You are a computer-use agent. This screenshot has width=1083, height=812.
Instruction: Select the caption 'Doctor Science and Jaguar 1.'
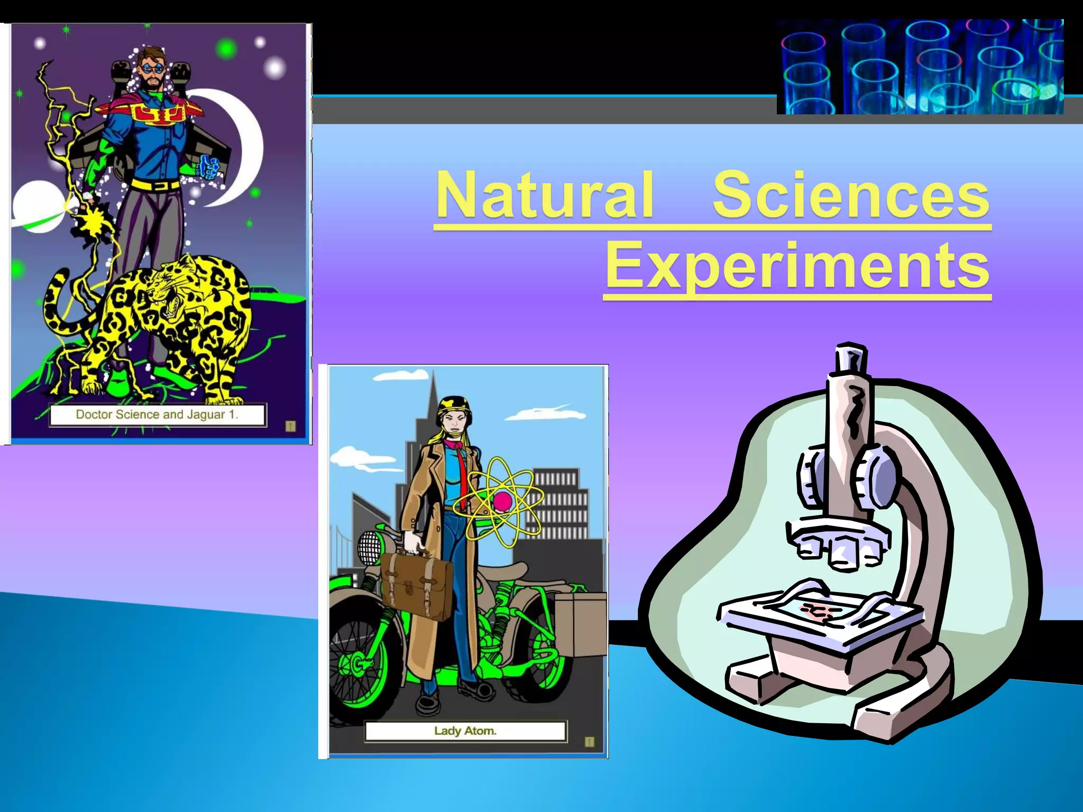coord(158,414)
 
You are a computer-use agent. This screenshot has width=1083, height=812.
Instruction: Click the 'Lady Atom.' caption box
coord(465,731)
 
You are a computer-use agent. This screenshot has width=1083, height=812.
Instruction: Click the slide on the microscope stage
coord(817,611)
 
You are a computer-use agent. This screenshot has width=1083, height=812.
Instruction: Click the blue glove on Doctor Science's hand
coord(210,168)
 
